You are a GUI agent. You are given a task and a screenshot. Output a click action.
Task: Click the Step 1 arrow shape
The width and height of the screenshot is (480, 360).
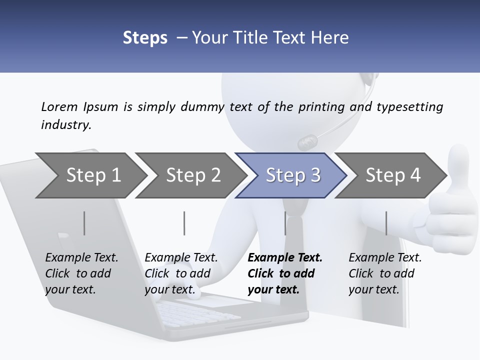pos(90,175)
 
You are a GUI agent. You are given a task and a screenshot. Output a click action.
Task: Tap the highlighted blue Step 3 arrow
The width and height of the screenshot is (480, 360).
pos(292,175)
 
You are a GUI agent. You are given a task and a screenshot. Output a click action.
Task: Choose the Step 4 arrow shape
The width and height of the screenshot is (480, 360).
pos(392,175)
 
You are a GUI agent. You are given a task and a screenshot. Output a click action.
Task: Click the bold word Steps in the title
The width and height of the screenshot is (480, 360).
pos(145,37)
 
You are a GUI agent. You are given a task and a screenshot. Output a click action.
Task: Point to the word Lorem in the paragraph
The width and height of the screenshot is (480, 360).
pos(59,106)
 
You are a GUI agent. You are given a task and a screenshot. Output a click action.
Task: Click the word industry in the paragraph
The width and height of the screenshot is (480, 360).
pos(65,125)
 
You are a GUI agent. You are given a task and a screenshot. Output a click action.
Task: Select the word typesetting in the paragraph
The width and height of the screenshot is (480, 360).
pos(409,107)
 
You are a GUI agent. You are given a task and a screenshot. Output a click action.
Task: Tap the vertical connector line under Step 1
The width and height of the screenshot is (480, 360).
pos(84,223)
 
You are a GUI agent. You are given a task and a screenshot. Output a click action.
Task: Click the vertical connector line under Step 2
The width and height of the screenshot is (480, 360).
pos(184,223)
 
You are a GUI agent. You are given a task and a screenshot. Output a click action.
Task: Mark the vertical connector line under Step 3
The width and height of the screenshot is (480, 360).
pos(285,223)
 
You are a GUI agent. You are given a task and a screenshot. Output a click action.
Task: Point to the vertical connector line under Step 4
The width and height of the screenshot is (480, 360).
pos(386,223)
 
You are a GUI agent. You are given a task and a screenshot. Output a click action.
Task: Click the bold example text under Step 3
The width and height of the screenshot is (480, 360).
pos(284,273)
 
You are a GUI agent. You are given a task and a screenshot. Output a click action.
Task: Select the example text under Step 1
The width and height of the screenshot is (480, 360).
pos(81,273)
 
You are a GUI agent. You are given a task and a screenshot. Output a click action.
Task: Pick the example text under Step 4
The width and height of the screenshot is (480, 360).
pos(384,273)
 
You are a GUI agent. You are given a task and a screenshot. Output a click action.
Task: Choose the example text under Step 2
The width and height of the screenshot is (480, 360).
pos(181,273)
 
